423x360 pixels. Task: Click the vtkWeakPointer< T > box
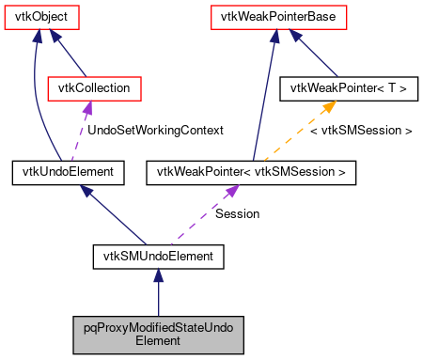(349, 88)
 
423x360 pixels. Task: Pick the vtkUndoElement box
(62, 171)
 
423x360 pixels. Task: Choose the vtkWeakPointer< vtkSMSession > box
(251, 171)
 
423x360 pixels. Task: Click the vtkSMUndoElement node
(158, 254)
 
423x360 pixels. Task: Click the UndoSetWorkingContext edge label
(155, 130)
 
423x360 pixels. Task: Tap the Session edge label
(237, 213)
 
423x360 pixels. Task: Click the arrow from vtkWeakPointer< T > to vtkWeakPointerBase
(319, 53)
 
